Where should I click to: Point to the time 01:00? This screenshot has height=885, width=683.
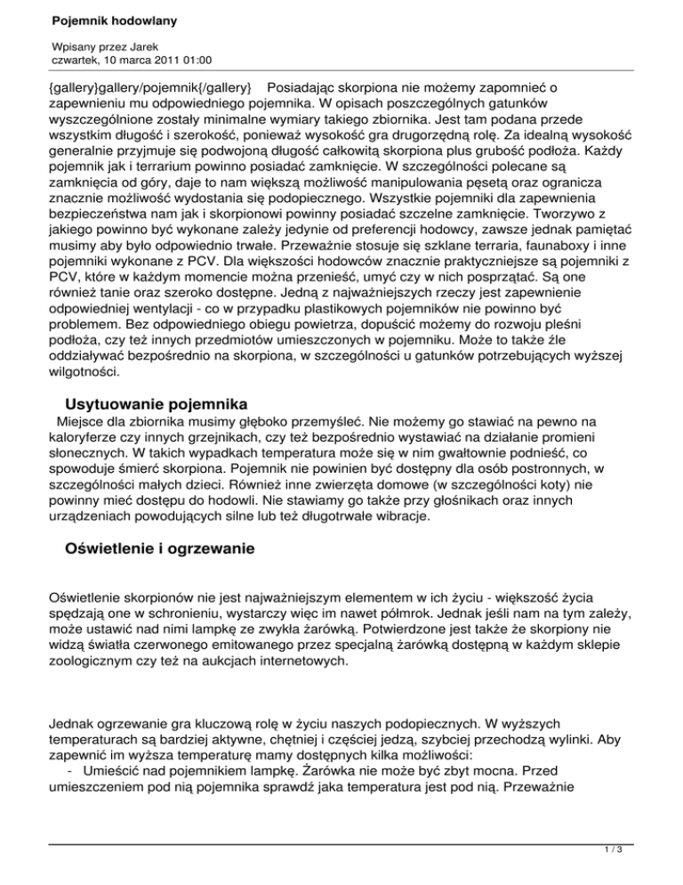click(197, 60)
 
